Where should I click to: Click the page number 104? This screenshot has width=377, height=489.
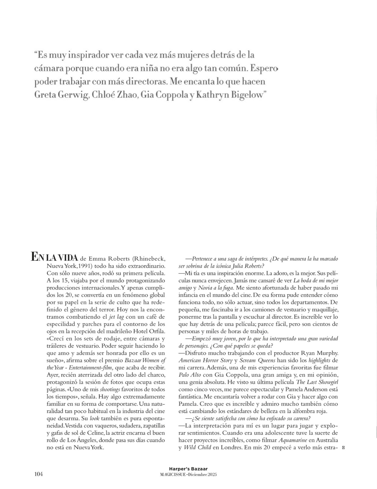pos(38,474)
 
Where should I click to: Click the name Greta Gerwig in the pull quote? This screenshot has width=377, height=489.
pos(61,95)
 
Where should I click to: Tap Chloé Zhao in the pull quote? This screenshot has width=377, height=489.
pos(116,95)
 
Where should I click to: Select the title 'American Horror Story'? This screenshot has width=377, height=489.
pos(205,361)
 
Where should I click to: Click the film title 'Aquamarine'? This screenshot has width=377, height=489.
pos(293,440)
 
